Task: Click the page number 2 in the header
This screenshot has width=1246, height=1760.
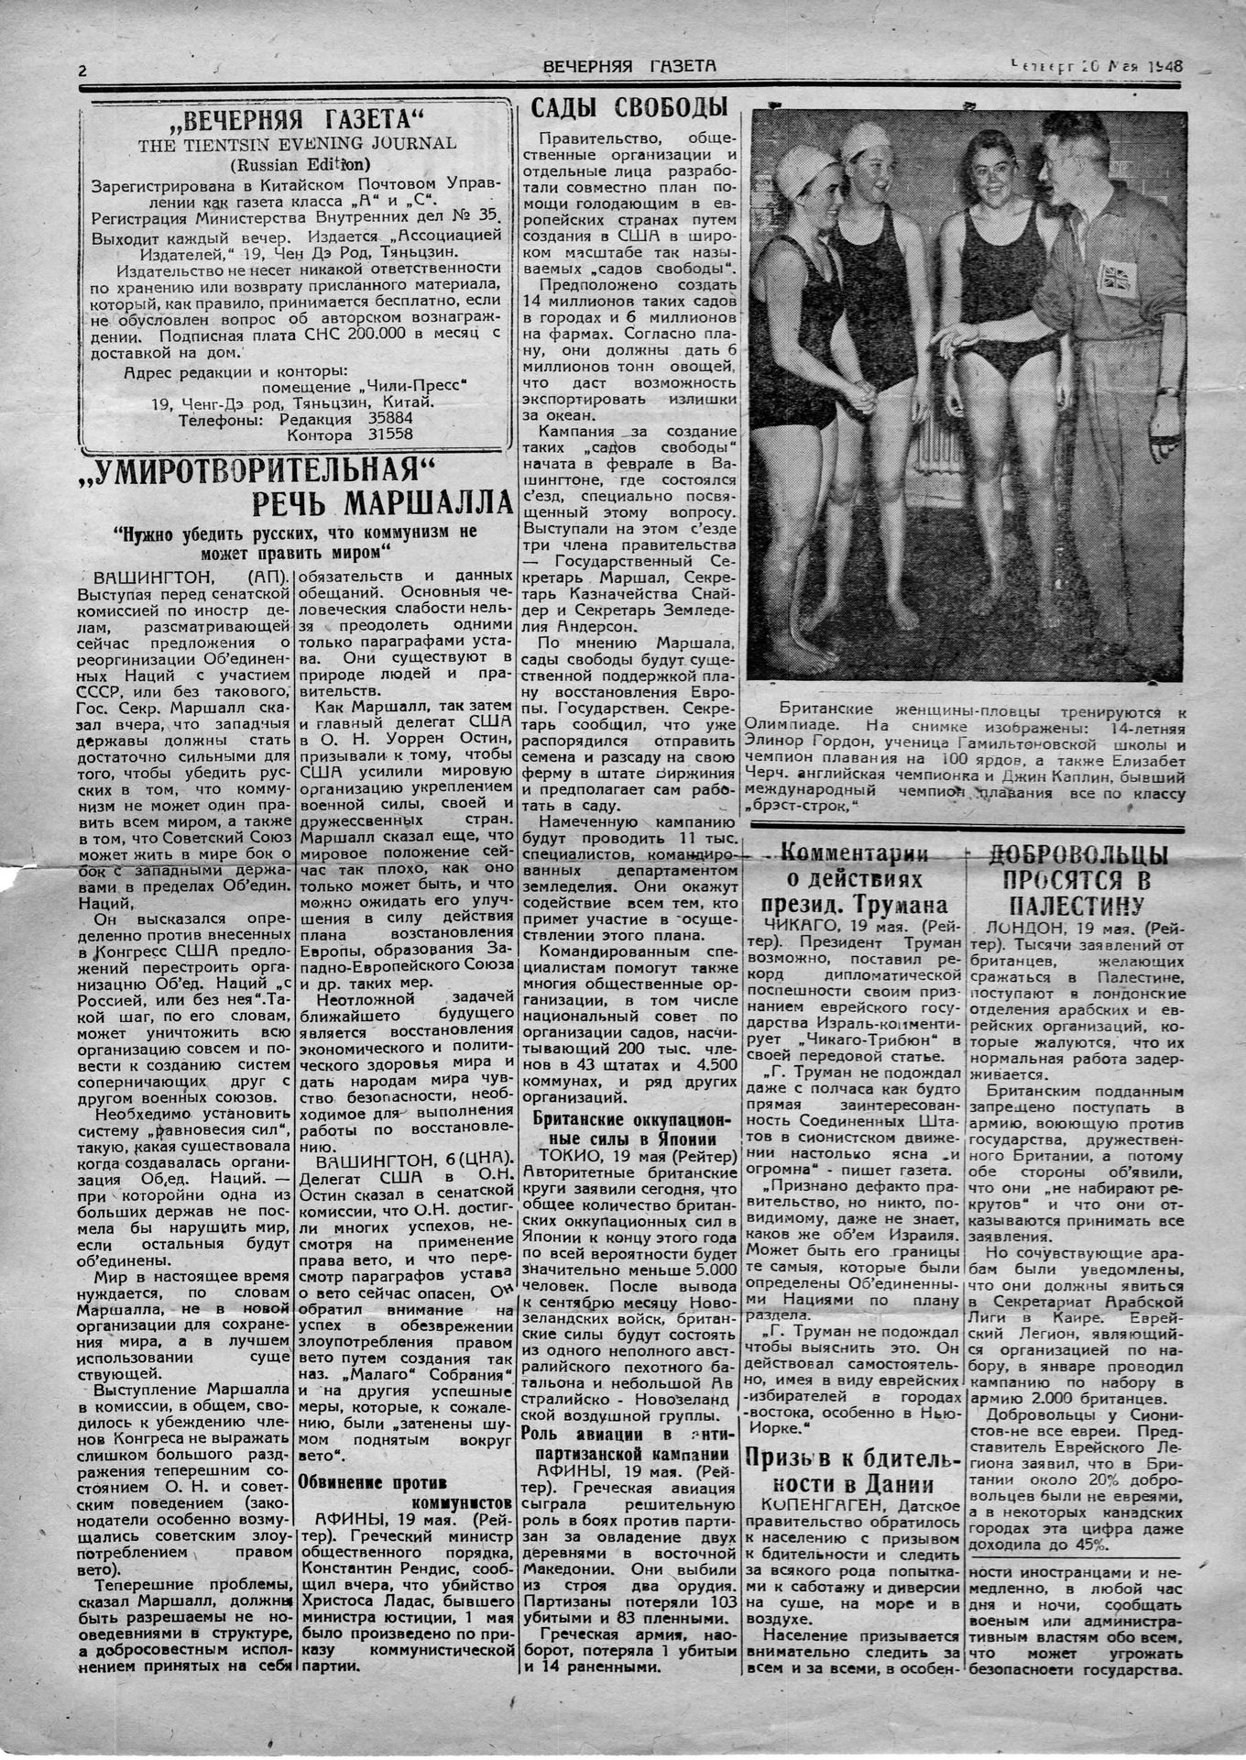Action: tap(82, 71)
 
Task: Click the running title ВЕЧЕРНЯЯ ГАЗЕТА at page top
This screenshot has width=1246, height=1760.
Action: tap(629, 66)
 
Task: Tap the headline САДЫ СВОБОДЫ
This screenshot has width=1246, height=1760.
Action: tap(629, 107)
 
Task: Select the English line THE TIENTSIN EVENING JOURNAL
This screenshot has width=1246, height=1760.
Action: tap(297, 143)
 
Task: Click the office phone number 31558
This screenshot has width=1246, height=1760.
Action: tap(390, 434)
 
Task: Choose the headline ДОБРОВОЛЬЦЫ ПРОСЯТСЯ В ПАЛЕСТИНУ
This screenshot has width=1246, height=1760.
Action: tap(1077, 880)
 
